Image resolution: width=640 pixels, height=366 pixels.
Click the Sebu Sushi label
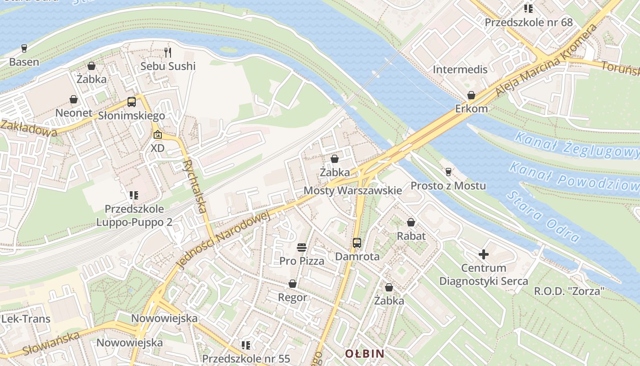168,66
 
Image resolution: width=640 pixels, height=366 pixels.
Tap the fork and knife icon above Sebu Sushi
168,53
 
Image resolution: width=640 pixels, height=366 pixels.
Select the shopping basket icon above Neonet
73,99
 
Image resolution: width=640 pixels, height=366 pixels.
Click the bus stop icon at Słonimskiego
132,102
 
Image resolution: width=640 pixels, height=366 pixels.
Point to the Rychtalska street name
194,187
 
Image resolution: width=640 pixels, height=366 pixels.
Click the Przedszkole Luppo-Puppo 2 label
134,215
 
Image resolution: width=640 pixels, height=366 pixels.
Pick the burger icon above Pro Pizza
301,248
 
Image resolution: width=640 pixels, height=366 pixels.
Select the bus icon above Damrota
357,243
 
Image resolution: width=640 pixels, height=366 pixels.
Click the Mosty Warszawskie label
353,190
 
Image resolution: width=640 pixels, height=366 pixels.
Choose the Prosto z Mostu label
448,186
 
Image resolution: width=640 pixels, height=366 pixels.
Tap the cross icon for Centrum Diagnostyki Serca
484,254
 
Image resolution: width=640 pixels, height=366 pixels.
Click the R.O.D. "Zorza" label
570,291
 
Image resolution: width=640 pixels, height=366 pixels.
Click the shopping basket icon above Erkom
471,96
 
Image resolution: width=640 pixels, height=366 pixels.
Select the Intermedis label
460,70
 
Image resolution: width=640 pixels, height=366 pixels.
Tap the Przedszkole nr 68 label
528,22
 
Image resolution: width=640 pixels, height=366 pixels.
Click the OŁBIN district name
364,354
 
